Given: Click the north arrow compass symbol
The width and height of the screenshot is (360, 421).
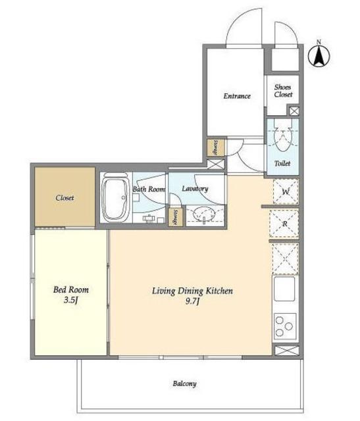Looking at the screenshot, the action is point(319,57).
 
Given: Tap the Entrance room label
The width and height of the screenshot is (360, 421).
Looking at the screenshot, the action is point(237,96).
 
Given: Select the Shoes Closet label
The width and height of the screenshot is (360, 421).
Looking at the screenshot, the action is point(283,91).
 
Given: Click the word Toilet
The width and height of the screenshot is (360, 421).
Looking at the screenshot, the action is point(282,163).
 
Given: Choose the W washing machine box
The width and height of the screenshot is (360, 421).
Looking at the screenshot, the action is point(286,191).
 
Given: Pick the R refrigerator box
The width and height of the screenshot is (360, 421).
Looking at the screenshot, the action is point(284,224).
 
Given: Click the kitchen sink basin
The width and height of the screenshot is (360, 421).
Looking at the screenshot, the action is point(284,289).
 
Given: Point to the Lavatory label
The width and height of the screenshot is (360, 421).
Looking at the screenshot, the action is point(195,189).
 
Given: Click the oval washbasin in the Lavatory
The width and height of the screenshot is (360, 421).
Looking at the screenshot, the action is point(205,213).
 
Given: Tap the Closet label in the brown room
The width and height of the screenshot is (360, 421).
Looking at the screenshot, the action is point(64,198).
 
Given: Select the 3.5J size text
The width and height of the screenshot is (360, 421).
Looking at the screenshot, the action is point(70,300).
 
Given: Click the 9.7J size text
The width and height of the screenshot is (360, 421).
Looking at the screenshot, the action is point(192,301).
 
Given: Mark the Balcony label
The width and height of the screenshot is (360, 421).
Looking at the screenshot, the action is point(184,384).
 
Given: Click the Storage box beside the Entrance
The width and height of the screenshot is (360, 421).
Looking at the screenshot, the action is point(216,147).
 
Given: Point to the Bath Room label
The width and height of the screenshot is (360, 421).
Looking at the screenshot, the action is point(149,189).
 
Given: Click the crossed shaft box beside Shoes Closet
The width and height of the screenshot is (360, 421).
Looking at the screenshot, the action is point(294,111).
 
